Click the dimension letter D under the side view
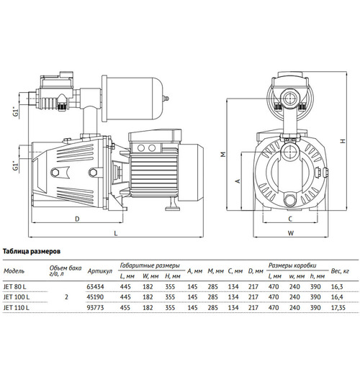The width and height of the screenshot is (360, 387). coord(77,219)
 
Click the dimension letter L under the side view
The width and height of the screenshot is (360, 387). coord(116,233)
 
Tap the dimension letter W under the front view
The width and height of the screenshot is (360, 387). coord(291,233)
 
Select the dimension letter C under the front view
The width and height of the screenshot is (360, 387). coord(290,219)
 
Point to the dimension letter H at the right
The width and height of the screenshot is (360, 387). coord(343,141)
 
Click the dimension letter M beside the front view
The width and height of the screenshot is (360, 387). coord(223,155)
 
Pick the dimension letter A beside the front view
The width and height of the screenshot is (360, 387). coord(238,181)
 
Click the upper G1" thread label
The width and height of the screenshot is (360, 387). coord(16,111)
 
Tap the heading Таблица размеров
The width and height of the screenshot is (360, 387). coord(32,251)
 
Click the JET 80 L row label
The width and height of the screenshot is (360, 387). coord(15,287)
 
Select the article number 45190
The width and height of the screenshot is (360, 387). coord(95,297)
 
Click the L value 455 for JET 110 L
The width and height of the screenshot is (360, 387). coord(125,308)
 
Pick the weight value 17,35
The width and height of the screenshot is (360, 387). coord(338,308)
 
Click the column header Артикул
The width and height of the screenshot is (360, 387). coord(99,271)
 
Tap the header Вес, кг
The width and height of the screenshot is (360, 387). coord(340,271)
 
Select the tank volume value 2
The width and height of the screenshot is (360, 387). coord(66,297)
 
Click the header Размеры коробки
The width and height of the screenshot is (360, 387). coord(292,265)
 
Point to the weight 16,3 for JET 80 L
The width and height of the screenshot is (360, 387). coord(337,287)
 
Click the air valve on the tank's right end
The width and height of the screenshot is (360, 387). coord(166,99)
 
